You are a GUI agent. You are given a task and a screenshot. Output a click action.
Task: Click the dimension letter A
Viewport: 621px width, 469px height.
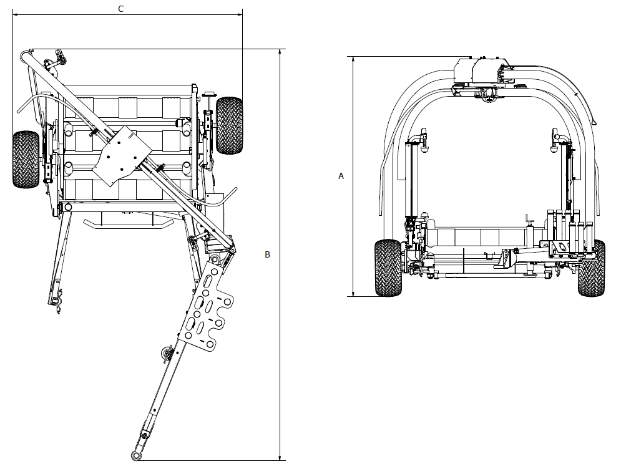(x=341, y=176)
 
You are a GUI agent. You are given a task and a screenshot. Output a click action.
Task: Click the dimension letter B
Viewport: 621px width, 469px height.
(x=267, y=254)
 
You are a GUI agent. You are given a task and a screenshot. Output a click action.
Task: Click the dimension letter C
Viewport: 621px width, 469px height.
(x=121, y=8)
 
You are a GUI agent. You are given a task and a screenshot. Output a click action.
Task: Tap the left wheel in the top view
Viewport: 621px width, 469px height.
(x=26, y=159)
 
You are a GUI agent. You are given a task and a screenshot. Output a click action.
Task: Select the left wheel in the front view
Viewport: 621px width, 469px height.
(x=388, y=268)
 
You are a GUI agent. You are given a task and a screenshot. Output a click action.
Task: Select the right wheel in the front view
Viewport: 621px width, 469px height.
(x=591, y=268)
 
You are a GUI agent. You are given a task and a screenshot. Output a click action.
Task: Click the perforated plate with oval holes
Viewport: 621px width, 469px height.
(x=205, y=306)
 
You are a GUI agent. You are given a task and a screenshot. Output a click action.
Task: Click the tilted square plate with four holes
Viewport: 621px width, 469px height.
(x=122, y=155)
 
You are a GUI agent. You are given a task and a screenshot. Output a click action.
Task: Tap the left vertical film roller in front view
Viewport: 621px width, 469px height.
(x=411, y=181)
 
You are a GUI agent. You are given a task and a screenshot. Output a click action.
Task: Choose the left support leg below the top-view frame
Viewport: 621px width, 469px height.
(x=59, y=262)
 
